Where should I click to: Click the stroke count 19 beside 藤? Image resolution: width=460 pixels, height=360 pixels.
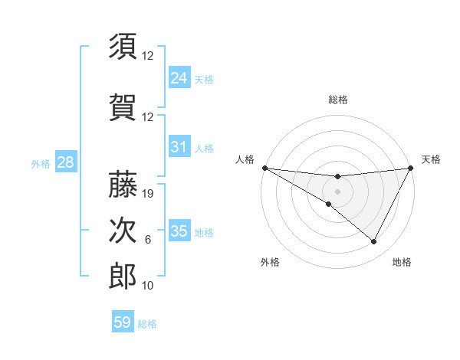coord(149,194)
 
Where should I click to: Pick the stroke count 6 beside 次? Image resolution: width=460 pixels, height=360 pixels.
coord(148,240)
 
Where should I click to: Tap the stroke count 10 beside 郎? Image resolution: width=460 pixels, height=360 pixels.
coord(149,286)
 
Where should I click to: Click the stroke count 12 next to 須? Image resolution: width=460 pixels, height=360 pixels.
coord(149,57)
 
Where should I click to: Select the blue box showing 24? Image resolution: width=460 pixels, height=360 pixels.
coord(179,77)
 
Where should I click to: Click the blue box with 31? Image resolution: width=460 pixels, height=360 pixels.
coord(179,147)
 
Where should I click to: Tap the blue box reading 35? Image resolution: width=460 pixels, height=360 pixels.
coord(179,231)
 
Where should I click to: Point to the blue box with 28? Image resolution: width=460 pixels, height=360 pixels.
coord(65,162)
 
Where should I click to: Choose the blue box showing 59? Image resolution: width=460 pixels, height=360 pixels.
coord(122,322)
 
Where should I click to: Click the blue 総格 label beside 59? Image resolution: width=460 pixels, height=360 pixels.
coord(147,324)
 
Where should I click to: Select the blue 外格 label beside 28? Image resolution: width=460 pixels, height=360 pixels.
coord(41,164)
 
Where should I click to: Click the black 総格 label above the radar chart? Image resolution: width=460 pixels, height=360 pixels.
coord(337,100)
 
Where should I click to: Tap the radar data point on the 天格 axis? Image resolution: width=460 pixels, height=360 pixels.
coord(411,168)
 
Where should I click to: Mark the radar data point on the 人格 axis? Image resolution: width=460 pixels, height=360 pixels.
coord(264,168)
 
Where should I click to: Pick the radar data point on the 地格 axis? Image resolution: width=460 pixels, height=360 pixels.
coord(374,242)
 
